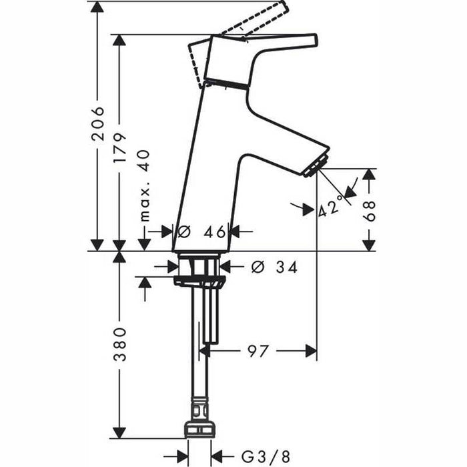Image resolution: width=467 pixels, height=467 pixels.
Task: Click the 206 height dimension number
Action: [x=97, y=123]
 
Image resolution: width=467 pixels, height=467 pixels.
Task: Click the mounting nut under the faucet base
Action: [x=198, y=271]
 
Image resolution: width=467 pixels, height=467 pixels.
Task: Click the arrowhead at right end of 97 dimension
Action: [x=310, y=350]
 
